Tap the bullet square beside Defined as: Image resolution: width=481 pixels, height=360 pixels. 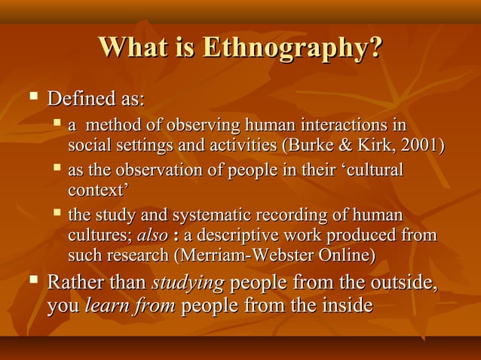click(32, 97)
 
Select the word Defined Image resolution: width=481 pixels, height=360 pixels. click(76, 99)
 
